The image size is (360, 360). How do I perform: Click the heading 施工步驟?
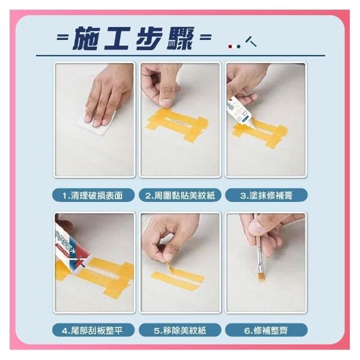(133, 38)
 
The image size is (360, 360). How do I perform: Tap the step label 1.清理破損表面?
(93, 196)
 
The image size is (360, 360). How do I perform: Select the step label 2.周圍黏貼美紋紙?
(180, 196)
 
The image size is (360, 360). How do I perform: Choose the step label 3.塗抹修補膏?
(266, 196)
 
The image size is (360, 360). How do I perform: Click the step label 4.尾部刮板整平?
(92, 331)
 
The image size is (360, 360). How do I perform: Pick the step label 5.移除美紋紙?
(180, 331)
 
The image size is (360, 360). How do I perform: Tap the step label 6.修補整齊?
(266, 331)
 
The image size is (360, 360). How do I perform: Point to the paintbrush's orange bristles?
(261, 277)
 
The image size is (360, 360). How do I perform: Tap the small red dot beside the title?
(230, 47)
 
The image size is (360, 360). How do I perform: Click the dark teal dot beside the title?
(238, 47)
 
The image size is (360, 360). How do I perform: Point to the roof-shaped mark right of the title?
(250, 41)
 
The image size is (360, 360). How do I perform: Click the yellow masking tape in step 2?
(177, 124)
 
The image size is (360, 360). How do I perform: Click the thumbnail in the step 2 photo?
(166, 102)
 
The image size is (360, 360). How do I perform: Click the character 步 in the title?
(148, 38)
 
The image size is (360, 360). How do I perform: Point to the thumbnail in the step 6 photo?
(256, 226)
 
